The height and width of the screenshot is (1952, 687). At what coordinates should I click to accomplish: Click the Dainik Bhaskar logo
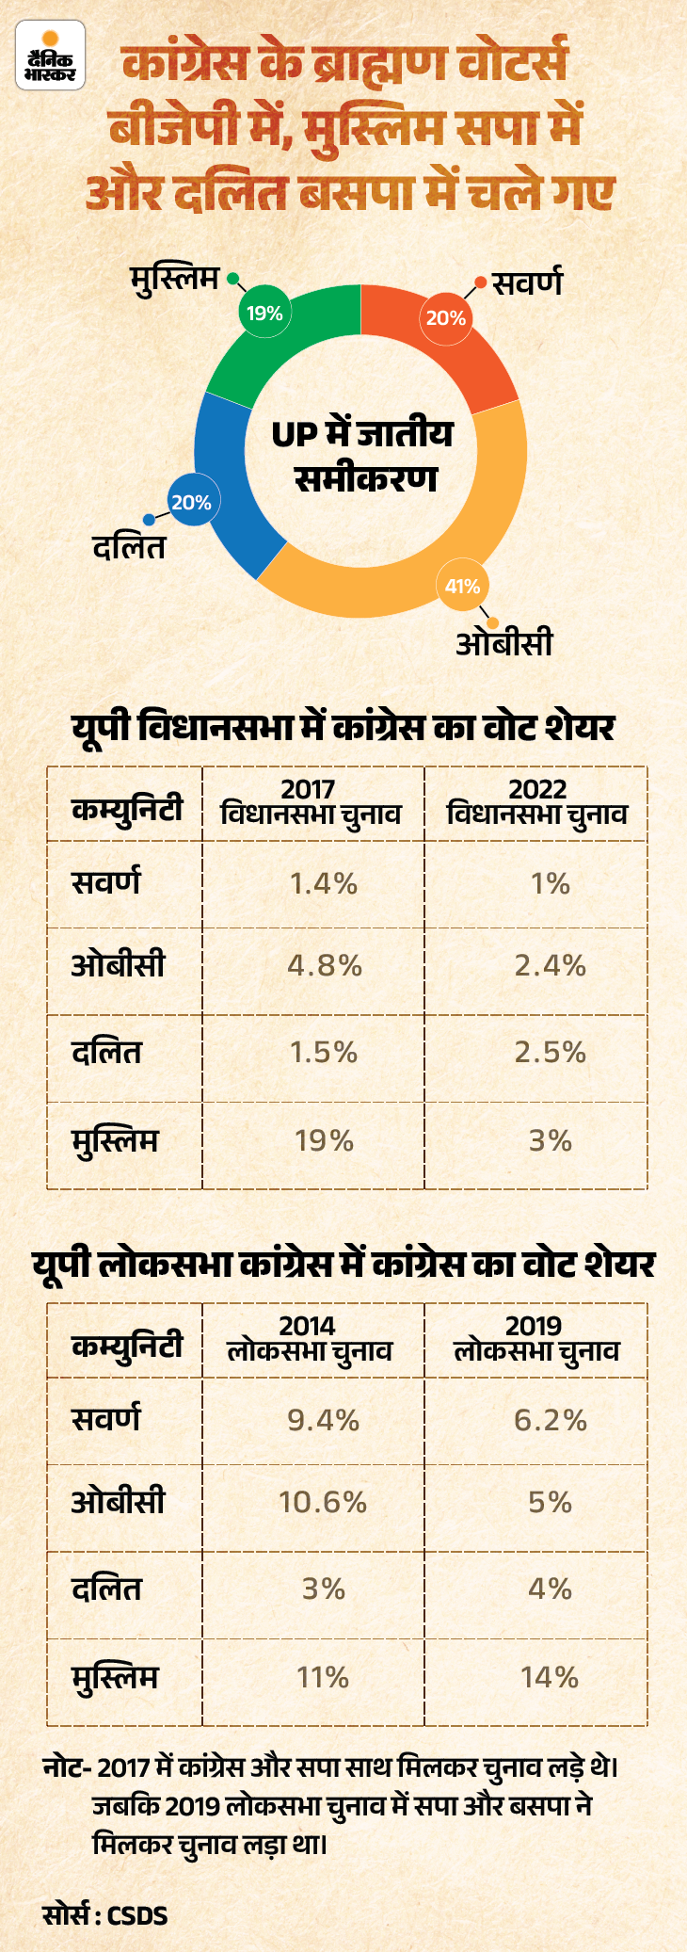tap(50, 56)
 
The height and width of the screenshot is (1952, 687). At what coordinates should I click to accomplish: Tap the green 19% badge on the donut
tap(264, 313)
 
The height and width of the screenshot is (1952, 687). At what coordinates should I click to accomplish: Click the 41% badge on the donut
tap(463, 586)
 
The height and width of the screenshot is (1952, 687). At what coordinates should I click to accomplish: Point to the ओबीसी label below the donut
tap(504, 643)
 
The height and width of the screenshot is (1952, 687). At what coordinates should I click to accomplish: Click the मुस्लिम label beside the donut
tap(175, 280)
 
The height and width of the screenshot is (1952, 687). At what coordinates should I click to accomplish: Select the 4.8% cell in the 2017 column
tap(325, 965)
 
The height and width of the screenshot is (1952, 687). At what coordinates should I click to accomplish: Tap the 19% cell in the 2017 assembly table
tap(325, 1141)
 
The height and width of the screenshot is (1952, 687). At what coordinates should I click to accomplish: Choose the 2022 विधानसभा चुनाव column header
tap(537, 802)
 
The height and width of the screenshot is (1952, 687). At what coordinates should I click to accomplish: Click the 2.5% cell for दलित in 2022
tap(551, 1052)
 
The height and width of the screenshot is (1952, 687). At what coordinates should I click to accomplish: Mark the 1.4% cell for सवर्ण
tap(324, 883)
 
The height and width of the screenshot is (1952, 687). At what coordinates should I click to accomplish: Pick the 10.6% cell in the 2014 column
tap(323, 1502)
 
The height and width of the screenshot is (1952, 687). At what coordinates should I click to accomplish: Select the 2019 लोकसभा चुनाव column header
tap(536, 1339)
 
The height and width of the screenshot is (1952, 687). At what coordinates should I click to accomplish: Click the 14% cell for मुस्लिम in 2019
tap(551, 1677)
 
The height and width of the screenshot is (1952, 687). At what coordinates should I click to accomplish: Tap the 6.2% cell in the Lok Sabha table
tap(551, 1420)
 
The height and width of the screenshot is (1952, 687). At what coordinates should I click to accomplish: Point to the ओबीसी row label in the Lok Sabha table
tap(119, 1501)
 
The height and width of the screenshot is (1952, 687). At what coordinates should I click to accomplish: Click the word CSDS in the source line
tap(137, 1914)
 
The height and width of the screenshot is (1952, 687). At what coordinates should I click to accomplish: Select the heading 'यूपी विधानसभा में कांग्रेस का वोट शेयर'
tap(343, 728)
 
